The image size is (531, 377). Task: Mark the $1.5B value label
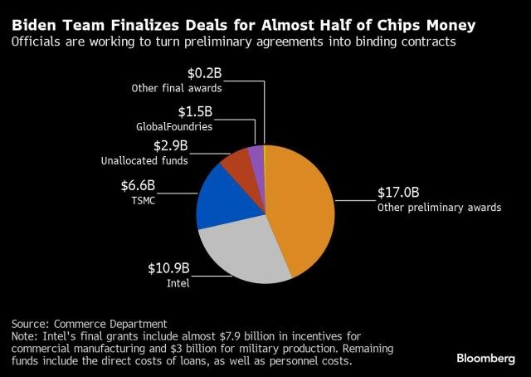(x=196, y=111)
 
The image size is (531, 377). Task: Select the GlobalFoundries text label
(x=174, y=127)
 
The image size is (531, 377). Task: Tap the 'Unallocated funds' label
(x=147, y=160)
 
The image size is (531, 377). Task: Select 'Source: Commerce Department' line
(x=90, y=323)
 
